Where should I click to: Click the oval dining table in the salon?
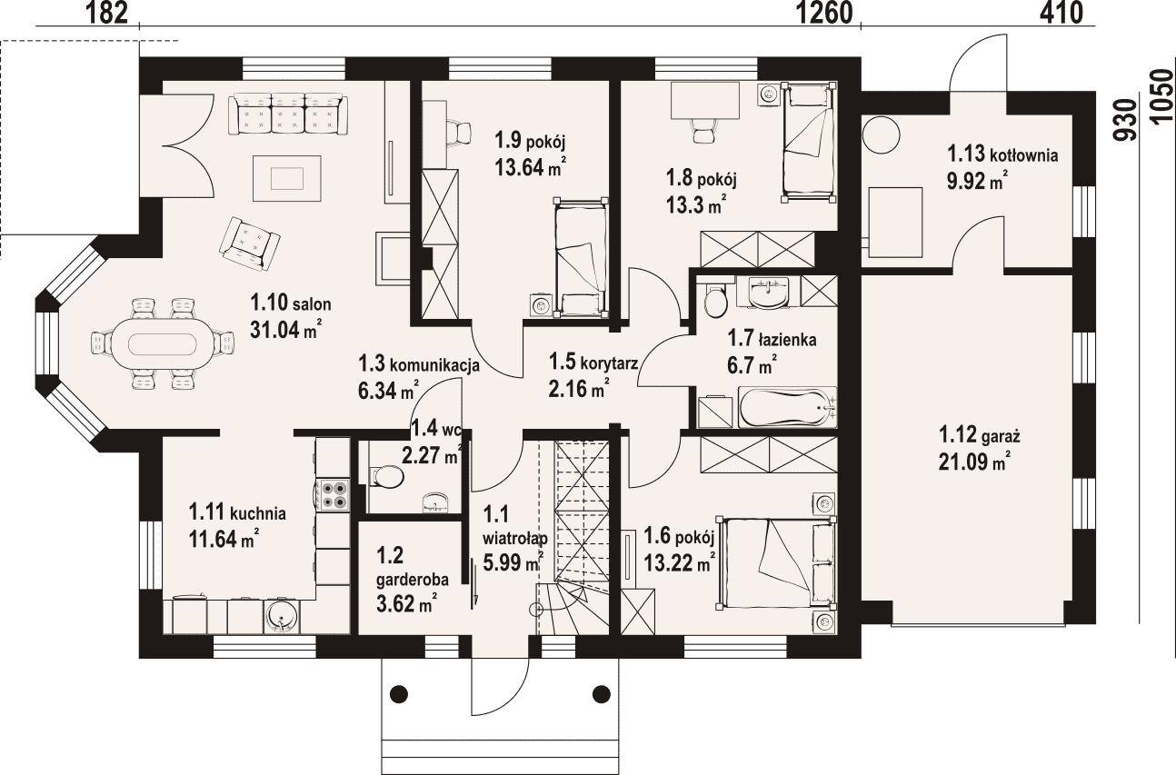click(x=163, y=344)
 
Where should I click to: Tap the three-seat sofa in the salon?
click(x=288, y=114)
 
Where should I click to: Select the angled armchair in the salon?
click(x=249, y=243)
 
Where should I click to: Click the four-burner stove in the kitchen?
click(x=333, y=494)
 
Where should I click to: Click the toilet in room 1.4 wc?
click(x=386, y=477)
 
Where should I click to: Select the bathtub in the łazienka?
click(x=788, y=408)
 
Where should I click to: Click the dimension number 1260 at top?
click(x=825, y=13)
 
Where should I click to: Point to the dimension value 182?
click(x=107, y=13)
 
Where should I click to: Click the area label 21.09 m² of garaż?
click(x=974, y=462)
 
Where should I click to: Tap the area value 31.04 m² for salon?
click(x=285, y=330)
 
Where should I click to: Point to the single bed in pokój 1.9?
click(x=581, y=257)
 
